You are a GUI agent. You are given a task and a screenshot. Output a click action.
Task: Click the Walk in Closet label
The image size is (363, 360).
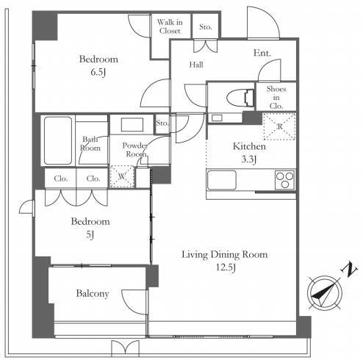170,26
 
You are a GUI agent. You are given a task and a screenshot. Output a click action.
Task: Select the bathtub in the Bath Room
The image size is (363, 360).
58,140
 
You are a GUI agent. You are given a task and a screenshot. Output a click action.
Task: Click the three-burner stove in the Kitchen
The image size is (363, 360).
284,180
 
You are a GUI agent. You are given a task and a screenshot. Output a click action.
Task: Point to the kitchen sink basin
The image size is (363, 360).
222,180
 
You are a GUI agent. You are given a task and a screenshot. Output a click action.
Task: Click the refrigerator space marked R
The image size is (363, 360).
279,126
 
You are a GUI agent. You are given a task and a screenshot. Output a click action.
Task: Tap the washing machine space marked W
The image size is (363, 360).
122,176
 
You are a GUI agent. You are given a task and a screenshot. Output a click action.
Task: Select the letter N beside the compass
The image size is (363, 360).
348,270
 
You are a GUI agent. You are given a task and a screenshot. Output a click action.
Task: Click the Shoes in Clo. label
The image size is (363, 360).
276,97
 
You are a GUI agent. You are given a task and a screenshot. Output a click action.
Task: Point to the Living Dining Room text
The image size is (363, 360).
224,255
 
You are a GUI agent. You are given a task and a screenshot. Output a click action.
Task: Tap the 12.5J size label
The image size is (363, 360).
226,267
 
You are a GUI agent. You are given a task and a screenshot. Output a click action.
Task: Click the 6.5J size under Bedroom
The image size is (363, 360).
98,72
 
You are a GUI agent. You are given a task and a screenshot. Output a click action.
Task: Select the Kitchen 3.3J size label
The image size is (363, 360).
249,159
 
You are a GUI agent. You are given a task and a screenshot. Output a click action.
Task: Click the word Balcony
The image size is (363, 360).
93,294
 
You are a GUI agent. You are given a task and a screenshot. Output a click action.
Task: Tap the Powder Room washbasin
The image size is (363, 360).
132,125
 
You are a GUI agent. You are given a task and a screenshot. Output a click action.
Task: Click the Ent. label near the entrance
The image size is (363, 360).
262,53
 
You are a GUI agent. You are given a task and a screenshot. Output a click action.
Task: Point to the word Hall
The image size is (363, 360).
196,65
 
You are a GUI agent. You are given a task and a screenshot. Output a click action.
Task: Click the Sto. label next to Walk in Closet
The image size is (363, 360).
205,26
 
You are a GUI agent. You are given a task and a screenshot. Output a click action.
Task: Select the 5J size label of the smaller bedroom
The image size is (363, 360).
90,235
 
